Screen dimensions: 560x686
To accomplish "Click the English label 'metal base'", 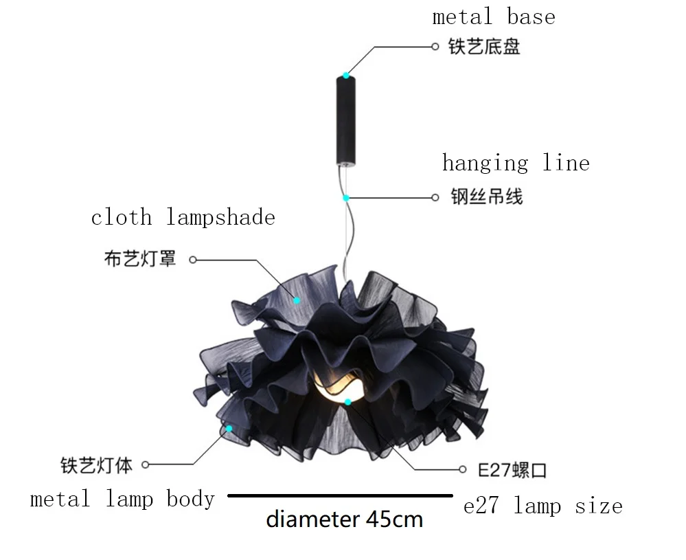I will (x=493, y=17).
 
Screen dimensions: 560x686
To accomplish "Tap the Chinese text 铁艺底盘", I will (x=484, y=47).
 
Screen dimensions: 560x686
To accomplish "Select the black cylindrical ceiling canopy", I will (x=346, y=120).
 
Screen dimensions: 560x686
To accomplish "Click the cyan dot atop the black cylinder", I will (x=346, y=75).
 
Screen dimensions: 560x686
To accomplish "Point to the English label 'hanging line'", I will (x=515, y=164).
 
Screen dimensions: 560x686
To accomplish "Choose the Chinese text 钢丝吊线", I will (x=486, y=197).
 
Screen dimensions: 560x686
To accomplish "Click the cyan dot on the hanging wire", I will (x=346, y=198).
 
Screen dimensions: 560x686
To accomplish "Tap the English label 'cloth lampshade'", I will (x=183, y=218).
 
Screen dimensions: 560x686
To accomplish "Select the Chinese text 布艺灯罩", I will (x=140, y=259).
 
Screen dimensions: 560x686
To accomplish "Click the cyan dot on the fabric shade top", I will (x=297, y=300).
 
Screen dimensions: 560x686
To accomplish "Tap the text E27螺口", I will (x=512, y=471).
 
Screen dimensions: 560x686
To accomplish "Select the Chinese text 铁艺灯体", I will (x=96, y=465).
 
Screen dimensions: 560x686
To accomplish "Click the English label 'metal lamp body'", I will (x=122, y=500).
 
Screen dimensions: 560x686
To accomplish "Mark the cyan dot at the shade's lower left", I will (x=229, y=427).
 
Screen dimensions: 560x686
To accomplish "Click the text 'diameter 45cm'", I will (x=344, y=519).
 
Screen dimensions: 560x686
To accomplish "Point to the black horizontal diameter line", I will (x=340, y=495).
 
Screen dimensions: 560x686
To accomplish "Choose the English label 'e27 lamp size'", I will (x=542, y=507).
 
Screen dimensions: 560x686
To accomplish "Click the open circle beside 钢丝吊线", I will (x=435, y=198).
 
